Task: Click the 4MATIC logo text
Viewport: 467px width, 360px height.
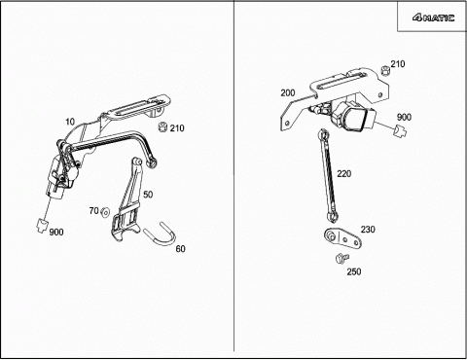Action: pyautogui.click(x=433, y=18)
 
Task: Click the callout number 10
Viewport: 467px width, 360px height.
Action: pyautogui.click(x=70, y=122)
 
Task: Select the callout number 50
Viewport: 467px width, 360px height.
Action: pyautogui.click(x=148, y=195)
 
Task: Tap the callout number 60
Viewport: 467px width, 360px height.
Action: pyautogui.click(x=180, y=249)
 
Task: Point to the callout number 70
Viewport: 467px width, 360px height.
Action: pyautogui.click(x=93, y=211)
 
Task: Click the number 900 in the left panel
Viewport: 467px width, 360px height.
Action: pyautogui.click(x=56, y=233)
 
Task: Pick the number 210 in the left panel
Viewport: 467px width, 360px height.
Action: pyautogui.click(x=177, y=128)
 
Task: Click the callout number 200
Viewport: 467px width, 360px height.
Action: pyautogui.click(x=288, y=93)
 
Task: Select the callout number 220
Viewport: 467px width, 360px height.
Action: pyautogui.click(x=343, y=174)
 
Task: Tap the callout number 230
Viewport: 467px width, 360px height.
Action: pyautogui.click(x=368, y=230)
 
